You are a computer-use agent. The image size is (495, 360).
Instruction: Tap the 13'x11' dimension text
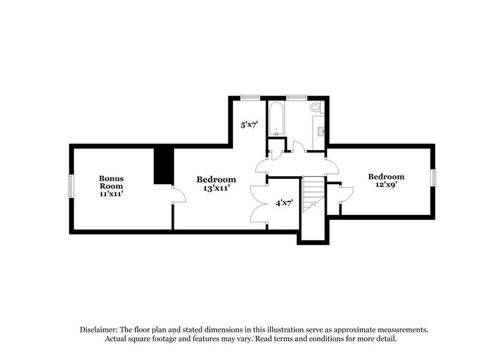[x=216, y=189]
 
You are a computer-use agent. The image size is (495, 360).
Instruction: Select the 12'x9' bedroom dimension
[x=386, y=186]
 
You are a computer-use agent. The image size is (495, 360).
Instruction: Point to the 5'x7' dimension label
[x=249, y=125]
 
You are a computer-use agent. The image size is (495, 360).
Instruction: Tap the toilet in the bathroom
[x=315, y=108]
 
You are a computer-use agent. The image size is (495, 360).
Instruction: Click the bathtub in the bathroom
[x=276, y=119]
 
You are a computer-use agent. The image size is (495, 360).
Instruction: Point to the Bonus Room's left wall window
[x=71, y=186]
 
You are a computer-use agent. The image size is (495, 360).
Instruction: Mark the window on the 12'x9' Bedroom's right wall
[x=433, y=177]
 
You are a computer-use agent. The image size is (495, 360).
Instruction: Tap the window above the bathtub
[x=297, y=96]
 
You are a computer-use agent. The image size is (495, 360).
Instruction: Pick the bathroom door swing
[x=299, y=148]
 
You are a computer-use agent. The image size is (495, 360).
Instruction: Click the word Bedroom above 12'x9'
[x=386, y=177]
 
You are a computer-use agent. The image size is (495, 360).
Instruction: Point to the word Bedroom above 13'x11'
[x=216, y=179]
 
